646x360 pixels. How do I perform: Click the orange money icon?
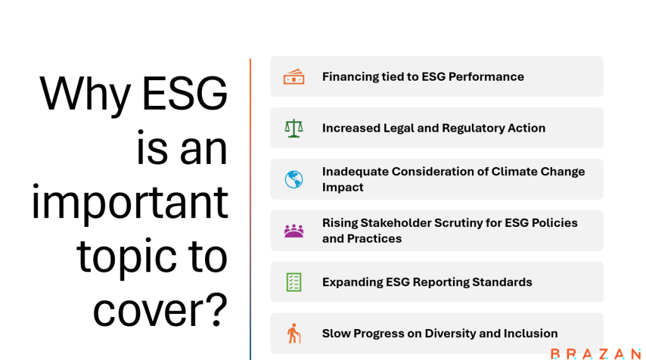[294, 77]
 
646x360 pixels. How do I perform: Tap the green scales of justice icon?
[294, 128]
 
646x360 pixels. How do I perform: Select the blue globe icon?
[294, 180]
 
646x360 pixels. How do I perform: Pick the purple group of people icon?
[294, 231]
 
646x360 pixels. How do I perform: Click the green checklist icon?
[294, 282]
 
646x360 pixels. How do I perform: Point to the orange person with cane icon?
[294, 334]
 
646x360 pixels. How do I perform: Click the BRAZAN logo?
[596, 354]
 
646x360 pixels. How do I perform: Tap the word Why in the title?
[85, 95]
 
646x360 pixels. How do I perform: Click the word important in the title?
[130, 202]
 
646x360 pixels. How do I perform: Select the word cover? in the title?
[160, 311]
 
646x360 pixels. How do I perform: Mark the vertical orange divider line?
[250, 209]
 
